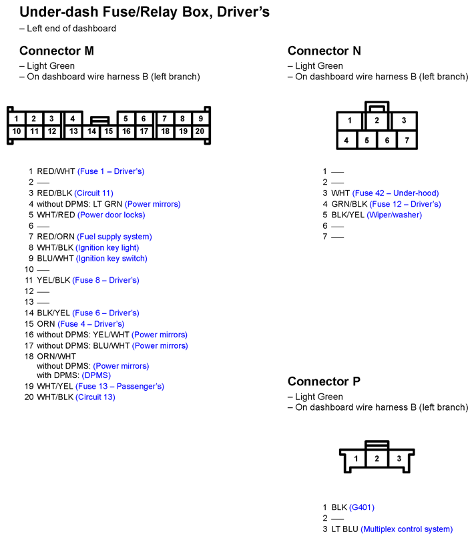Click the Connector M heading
tap(57, 51)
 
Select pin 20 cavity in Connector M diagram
tap(200, 131)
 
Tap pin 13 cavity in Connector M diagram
tap(73, 131)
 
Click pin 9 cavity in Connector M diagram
tap(200, 119)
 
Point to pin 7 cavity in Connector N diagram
tap(407, 140)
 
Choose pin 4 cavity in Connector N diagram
tap(346, 140)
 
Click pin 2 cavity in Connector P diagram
tap(377, 459)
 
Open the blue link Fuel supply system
tap(114, 237)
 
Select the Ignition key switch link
tap(111, 258)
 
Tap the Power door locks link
tap(111, 215)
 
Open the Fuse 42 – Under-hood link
tap(395, 193)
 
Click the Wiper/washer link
tap(395, 215)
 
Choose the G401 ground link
tap(362, 507)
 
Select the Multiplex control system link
tap(407, 529)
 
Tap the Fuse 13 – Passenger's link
tap(120, 387)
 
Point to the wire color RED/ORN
tap(55, 237)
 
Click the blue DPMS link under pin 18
tap(96, 375)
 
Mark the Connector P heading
tap(324, 381)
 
